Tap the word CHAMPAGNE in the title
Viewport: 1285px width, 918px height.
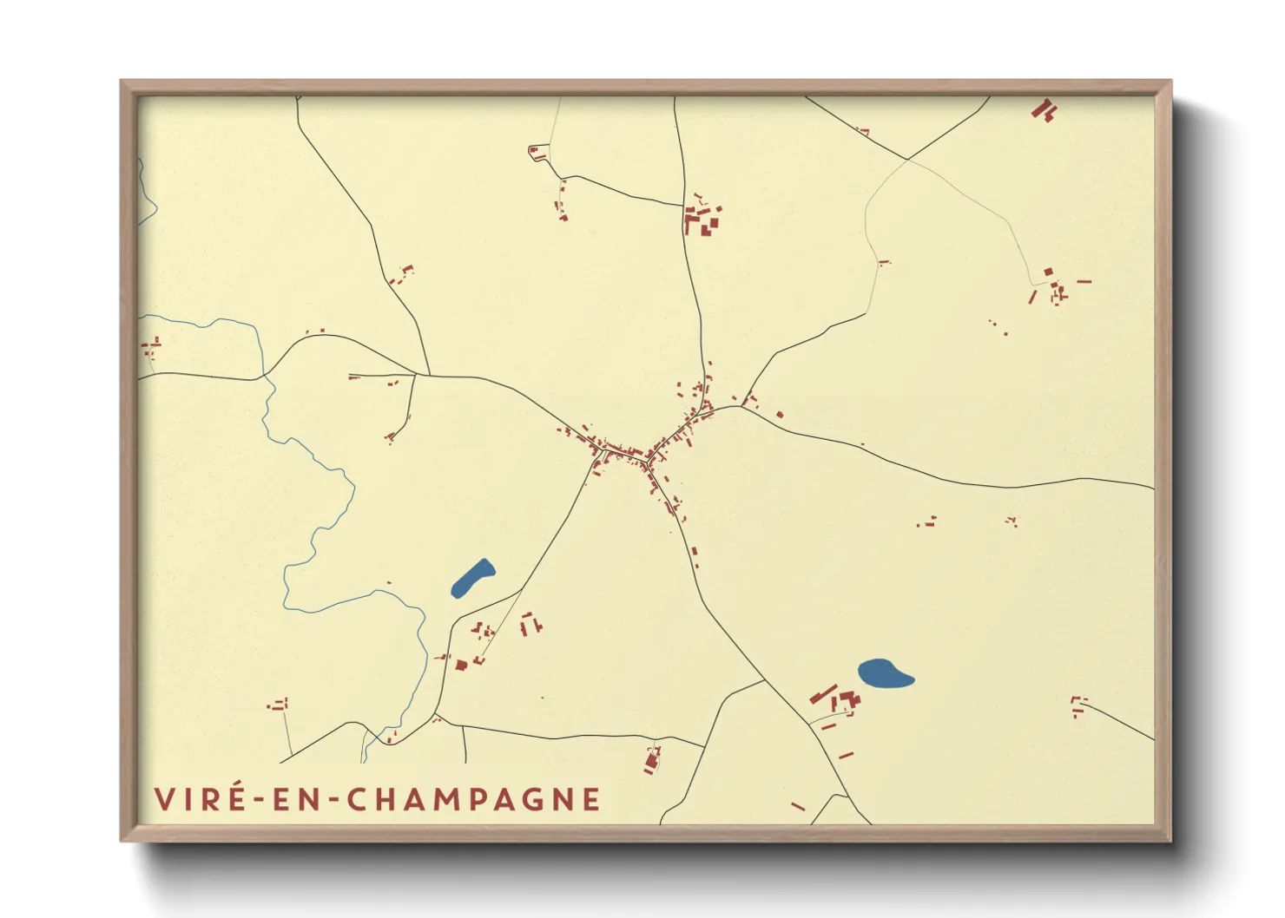[474, 799]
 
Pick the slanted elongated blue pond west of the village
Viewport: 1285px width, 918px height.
[472, 578]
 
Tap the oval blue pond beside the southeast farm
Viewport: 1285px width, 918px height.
[885, 674]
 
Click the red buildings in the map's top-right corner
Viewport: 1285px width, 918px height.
[1044, 111]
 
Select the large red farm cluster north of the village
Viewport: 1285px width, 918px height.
[702, 219]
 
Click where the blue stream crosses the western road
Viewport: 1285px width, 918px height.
[264, 377]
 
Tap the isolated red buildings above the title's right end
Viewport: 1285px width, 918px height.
[653, 759]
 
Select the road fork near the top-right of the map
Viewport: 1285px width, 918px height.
[907, 160]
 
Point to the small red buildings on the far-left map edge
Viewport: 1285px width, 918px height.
[152, 347]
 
